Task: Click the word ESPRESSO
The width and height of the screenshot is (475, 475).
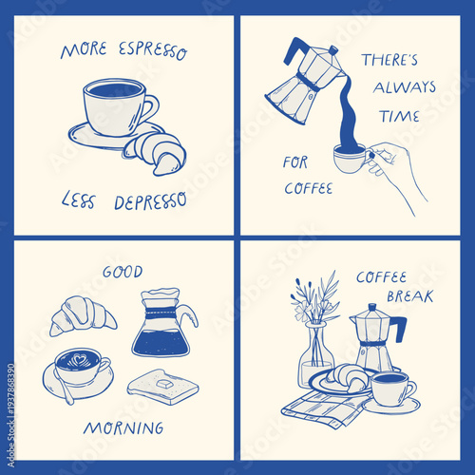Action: pyautogui.click(x=151, y=48)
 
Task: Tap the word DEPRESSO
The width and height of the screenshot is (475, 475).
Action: pyautogui.click(x=150, y=201)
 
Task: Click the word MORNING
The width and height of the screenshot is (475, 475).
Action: pyautogui.click(x=123, y=427)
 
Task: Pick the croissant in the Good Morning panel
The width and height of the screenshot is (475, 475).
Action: pyautogui.click(x=82, y=313)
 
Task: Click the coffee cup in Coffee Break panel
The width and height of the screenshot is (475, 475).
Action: pyautogui.click(x=389, y=388)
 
